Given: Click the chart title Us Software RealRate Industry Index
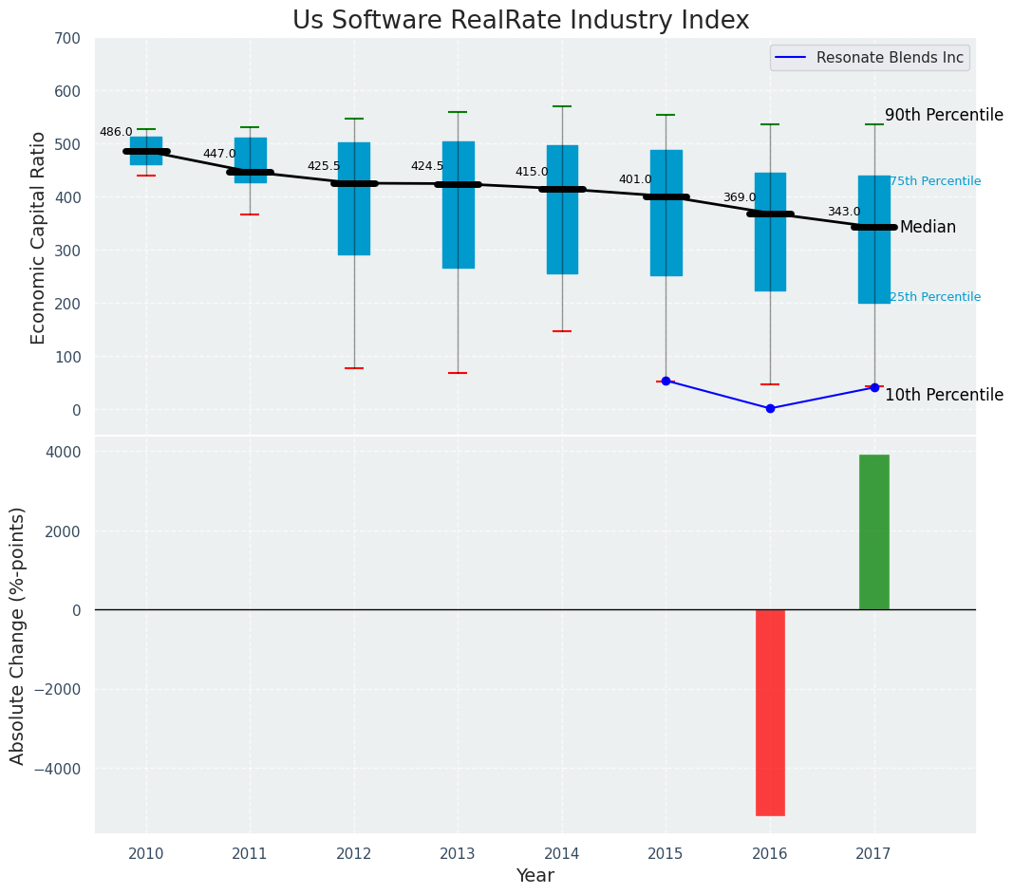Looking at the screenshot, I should click(520, 21).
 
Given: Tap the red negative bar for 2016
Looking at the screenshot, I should click(770, 712).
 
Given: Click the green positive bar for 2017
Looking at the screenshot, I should click(873, 531).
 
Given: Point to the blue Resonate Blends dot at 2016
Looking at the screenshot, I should click(770, 408).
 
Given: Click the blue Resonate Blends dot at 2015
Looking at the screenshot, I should click(666, 381).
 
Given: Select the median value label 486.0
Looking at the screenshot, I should click(116, 132).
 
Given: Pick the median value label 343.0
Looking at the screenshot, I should click(843, 212).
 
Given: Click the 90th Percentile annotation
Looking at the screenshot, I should click(944, 115).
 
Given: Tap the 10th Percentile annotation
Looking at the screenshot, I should click(944, 395).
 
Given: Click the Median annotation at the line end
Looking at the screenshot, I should click(928, 228).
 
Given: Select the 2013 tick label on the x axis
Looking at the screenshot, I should click(458, 854).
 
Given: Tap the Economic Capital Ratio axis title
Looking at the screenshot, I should click(39, 237).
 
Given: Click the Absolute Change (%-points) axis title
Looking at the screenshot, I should click(18, 635).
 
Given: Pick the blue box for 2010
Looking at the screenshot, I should click(146, 151).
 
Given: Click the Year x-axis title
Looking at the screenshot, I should click(535, 876).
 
